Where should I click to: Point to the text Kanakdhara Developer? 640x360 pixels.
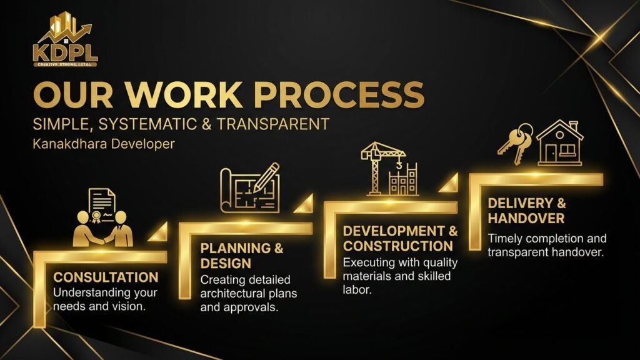coord(104,144)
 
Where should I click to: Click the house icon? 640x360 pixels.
coord(559,142)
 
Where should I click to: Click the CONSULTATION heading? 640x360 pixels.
coord(106,277)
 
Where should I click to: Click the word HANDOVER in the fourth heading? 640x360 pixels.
coord(526,218)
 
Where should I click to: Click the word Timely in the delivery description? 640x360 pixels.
coord(505,239)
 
